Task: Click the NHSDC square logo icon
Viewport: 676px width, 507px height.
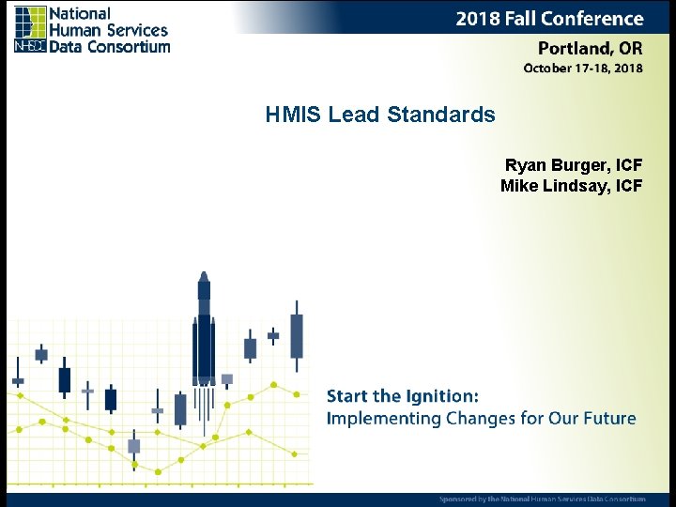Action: [30, 28]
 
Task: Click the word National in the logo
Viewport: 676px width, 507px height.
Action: [80, 14]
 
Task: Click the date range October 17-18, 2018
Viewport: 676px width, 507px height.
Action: [582, 69]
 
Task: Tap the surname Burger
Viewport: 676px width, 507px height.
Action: [577, 165]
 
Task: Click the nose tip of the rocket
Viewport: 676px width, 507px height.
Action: [204, 274]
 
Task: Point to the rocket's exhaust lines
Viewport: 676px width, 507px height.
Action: [204, 408]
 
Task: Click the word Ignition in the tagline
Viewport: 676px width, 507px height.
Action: [438, 396]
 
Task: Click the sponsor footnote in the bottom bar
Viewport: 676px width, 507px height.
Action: [542, 499]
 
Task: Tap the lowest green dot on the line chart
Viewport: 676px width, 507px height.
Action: [158, 471]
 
